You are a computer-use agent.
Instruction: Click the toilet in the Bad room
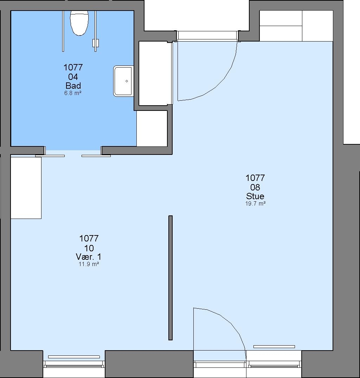(x=79, y=23)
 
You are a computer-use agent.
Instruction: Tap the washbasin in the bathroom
(x=123, y=81)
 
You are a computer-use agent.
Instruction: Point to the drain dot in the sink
(x=127, y=81)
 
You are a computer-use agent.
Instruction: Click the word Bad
(x=73, y=86)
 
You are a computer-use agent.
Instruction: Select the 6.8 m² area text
(x=73, y=93)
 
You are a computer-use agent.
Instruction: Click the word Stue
(x=255, y=196)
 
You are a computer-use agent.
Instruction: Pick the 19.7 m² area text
(x=255, y=203)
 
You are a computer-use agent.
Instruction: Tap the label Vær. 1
(x=89, y=257)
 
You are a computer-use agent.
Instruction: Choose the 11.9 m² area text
(x=89, y=264)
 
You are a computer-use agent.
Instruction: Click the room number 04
(x=73, y=77)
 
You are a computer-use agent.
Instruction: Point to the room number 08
(x=255, y=187)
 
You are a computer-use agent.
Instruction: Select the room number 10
(x=89, y=248)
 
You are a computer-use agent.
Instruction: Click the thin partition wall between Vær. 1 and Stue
(x=171, y=278)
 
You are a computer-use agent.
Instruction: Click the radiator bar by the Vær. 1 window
(x=74, y=357)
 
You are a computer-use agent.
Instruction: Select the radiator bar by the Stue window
(x=274, y=347)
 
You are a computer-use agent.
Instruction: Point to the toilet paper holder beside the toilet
(x=96, y=43)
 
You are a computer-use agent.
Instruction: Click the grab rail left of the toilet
(x=63, y=31)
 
